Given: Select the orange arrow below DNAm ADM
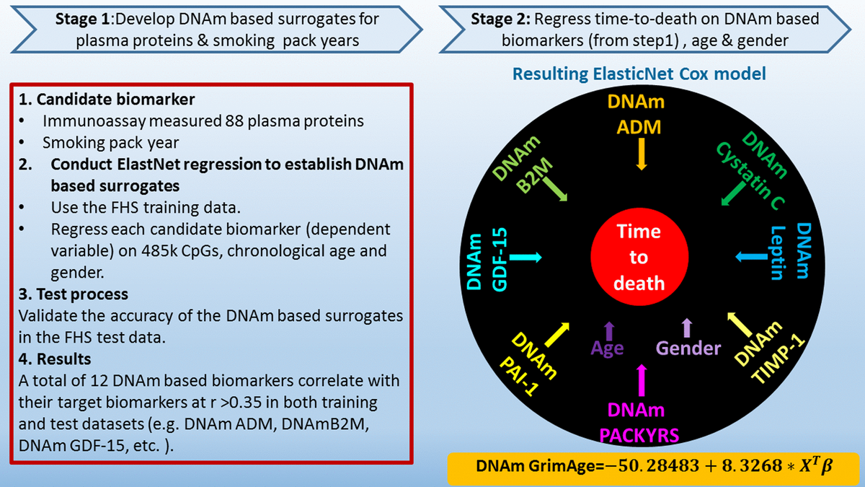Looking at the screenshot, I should tap(641, 154).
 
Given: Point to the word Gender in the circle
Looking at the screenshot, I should tap(688, 348).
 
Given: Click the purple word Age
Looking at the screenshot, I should tap(607, 348).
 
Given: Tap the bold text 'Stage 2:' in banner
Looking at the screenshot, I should tap(498, 19).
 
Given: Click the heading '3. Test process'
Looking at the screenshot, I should tap(74, 294).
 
